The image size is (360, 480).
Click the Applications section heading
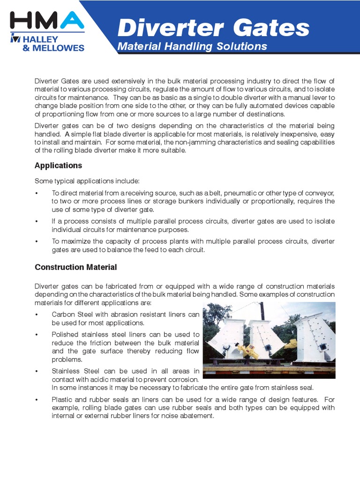point(58,165)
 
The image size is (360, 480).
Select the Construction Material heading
point(75,267)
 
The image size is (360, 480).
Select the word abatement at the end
point(196,416)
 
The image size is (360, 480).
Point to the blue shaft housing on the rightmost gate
point(324,345)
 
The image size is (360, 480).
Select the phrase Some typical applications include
point(87,181)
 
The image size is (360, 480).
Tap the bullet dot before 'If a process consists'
point(37,222)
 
